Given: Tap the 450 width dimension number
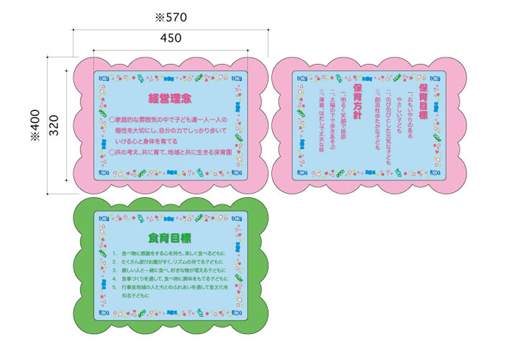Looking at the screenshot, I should coord(170,37).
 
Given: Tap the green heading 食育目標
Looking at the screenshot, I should coord(170,238).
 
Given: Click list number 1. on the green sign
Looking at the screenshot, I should coord(115,254).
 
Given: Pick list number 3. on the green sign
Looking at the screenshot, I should coord(115,271).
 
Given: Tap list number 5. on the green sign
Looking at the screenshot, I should coord(115,287).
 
